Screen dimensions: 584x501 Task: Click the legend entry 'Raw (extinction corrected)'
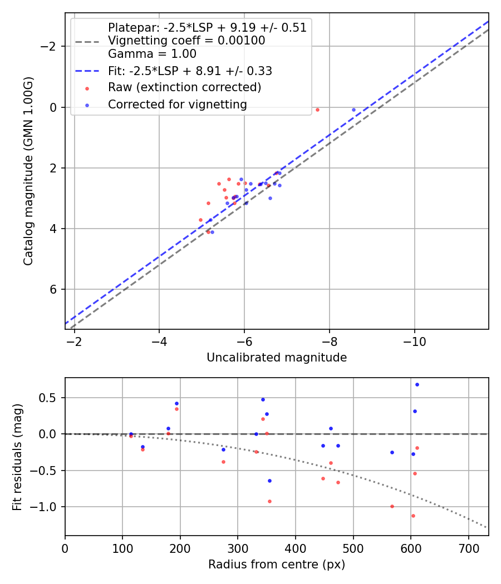(184, 87)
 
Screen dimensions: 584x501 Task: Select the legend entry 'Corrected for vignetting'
(177, 104)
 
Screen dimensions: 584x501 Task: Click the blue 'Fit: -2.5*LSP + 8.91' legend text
(190, 71)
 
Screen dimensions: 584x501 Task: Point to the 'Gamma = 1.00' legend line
(152, 54)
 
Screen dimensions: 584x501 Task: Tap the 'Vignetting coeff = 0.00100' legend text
(186, 41)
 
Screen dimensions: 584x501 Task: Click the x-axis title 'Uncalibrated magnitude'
(277, 358)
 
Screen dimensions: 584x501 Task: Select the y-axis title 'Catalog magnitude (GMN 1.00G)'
(28, 171)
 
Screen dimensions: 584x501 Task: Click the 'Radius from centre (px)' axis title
(277, 565)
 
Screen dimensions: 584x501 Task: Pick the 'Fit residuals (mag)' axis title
(17, 457)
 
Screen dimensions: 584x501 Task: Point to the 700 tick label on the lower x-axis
(468, 547)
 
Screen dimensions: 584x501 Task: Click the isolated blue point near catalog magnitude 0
(353, 110)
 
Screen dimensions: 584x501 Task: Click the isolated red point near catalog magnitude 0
(317, 110)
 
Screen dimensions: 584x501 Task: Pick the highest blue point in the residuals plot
(417, 384)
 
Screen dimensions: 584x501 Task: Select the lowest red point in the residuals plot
(413, 516)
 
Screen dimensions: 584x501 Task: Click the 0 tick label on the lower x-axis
(65, 547)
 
